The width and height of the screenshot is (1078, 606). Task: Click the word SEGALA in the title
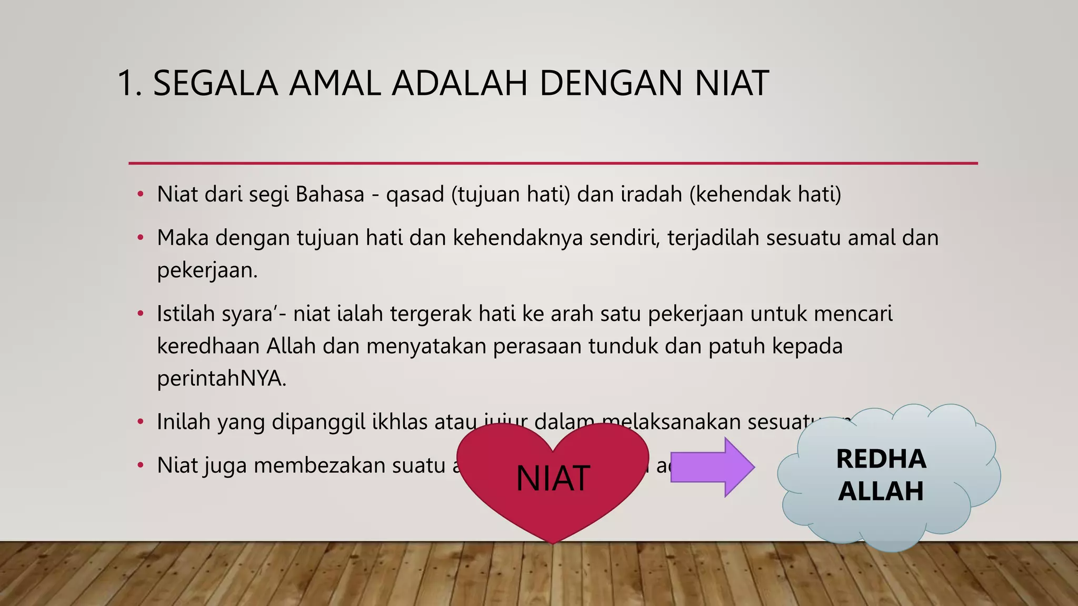215,83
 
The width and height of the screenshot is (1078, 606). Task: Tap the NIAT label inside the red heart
553,479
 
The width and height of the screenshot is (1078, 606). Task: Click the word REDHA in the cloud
881,459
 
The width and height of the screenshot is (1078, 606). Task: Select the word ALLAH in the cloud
881,491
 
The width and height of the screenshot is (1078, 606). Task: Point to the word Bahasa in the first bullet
330,194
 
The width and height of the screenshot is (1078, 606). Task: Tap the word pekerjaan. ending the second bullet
207,271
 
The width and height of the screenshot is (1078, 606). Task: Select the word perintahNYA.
222,379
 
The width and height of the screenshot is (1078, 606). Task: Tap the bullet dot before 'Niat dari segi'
140,195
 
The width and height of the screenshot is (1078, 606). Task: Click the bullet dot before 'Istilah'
140,314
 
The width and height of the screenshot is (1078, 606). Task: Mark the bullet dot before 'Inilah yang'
140,422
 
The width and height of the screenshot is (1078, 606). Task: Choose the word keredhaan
209,346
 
